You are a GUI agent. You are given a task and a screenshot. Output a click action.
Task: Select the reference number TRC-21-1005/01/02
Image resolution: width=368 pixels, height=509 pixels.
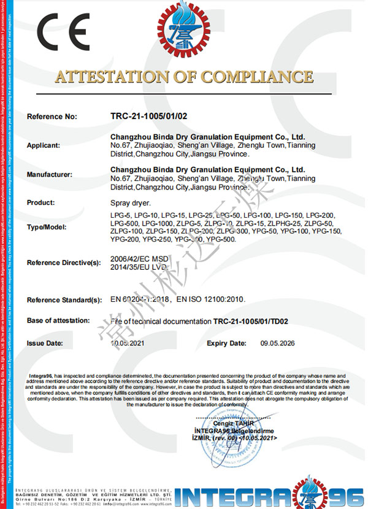tap(145, 116)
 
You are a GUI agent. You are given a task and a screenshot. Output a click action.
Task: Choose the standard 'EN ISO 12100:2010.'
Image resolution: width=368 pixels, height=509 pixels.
tap(212, 300)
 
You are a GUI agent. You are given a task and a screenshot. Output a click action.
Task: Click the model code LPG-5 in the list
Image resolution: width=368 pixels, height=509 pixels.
tap(120, 215)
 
